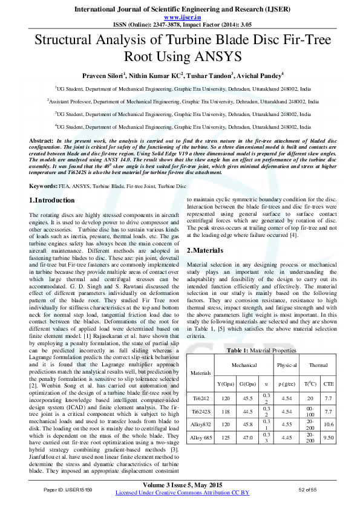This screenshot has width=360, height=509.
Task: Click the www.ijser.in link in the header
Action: click(x=180, y=18)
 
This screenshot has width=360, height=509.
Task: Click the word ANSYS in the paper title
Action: click(x=220, y=57)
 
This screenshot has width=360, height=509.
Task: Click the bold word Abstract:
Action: click(x=41, y=140)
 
